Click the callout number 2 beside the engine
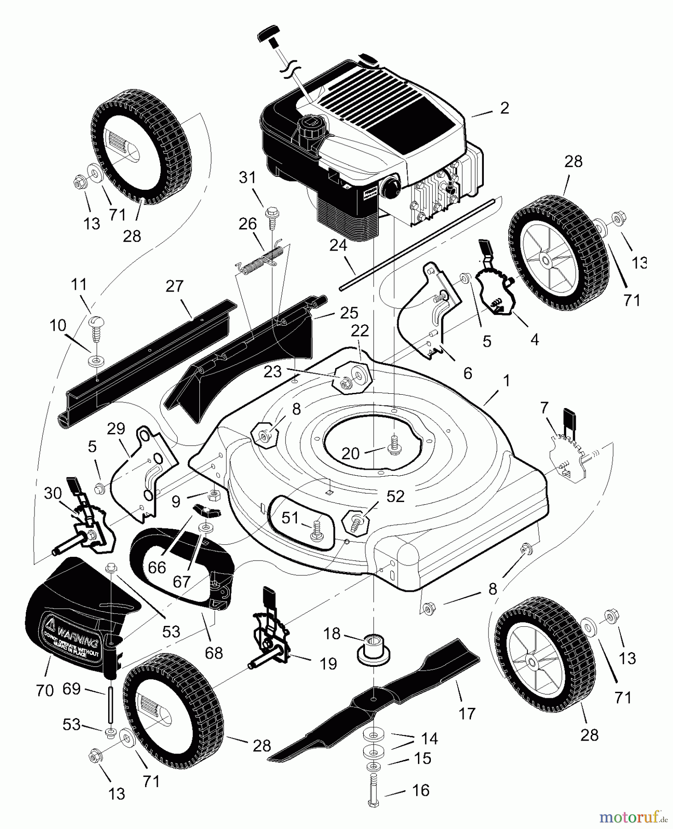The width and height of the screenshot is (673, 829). click(505, 108)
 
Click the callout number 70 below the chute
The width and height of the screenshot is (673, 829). click(45, 690)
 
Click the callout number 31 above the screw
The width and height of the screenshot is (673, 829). click(248, 178)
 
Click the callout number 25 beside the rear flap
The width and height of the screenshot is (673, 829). click(349, 313)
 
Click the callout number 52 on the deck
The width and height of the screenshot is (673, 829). click(395, 496)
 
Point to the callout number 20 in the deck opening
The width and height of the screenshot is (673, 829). click(351, 454)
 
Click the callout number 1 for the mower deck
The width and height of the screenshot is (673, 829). click(506, 381)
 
